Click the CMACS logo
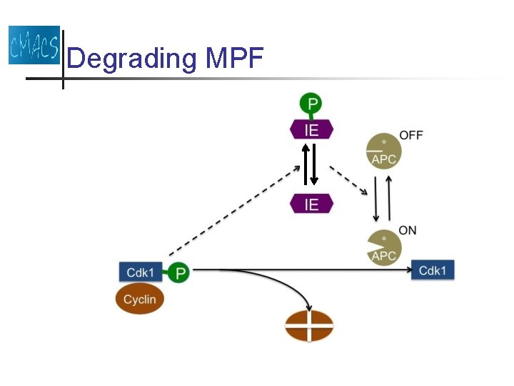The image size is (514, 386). point(34,45)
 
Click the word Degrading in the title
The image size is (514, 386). point(131,58)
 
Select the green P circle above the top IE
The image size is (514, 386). point(311,104)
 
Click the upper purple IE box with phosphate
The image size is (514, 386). point(311,129)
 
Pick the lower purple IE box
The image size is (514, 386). point(311,204)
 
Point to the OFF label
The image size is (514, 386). point(411,136)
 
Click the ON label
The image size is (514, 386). point(408,230)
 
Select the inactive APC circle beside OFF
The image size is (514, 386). point(384,151)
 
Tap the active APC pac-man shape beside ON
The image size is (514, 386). point(383,248)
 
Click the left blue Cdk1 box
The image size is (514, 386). point(140,272)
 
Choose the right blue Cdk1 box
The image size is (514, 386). point(433,270)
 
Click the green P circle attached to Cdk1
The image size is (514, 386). point(180,272)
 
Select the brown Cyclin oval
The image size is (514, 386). point(140,300)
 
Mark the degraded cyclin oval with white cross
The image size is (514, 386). point(309,325)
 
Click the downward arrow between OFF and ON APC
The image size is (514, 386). point(376,197)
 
